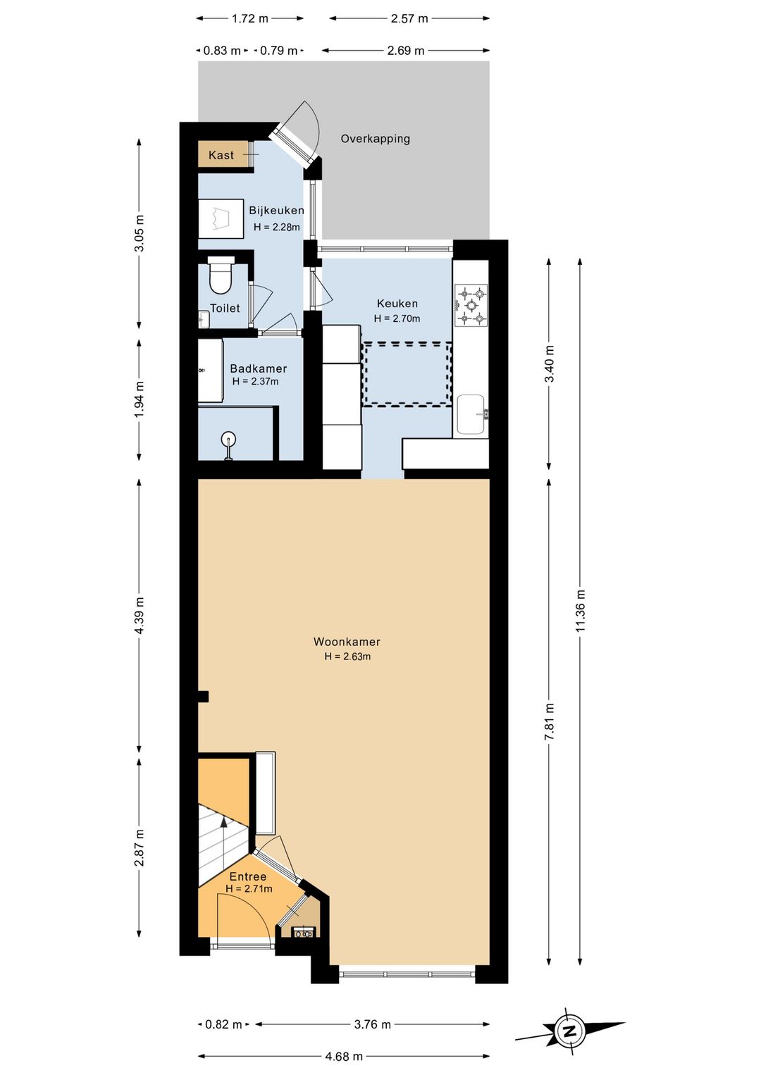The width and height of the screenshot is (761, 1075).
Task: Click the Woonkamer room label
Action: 347,642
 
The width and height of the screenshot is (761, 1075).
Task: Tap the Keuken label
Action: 397,304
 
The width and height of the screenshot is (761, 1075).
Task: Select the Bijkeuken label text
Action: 276,210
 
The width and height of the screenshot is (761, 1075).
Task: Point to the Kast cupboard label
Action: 221,155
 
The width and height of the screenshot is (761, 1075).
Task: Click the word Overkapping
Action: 376,139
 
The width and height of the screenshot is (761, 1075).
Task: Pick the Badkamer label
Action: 259,368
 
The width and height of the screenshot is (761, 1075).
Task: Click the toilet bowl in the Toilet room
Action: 221,278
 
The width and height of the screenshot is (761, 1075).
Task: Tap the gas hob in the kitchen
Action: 471,305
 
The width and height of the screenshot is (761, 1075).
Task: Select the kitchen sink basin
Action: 471,414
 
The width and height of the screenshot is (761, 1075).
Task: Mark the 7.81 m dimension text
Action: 550,722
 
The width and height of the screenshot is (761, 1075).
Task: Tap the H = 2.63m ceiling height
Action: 347,657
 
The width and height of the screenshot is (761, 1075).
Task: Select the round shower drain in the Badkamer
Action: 228,438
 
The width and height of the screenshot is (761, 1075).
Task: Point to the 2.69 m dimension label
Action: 406,51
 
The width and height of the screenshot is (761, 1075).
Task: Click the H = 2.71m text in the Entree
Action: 249,889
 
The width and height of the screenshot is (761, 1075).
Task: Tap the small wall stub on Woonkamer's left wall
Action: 203,696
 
